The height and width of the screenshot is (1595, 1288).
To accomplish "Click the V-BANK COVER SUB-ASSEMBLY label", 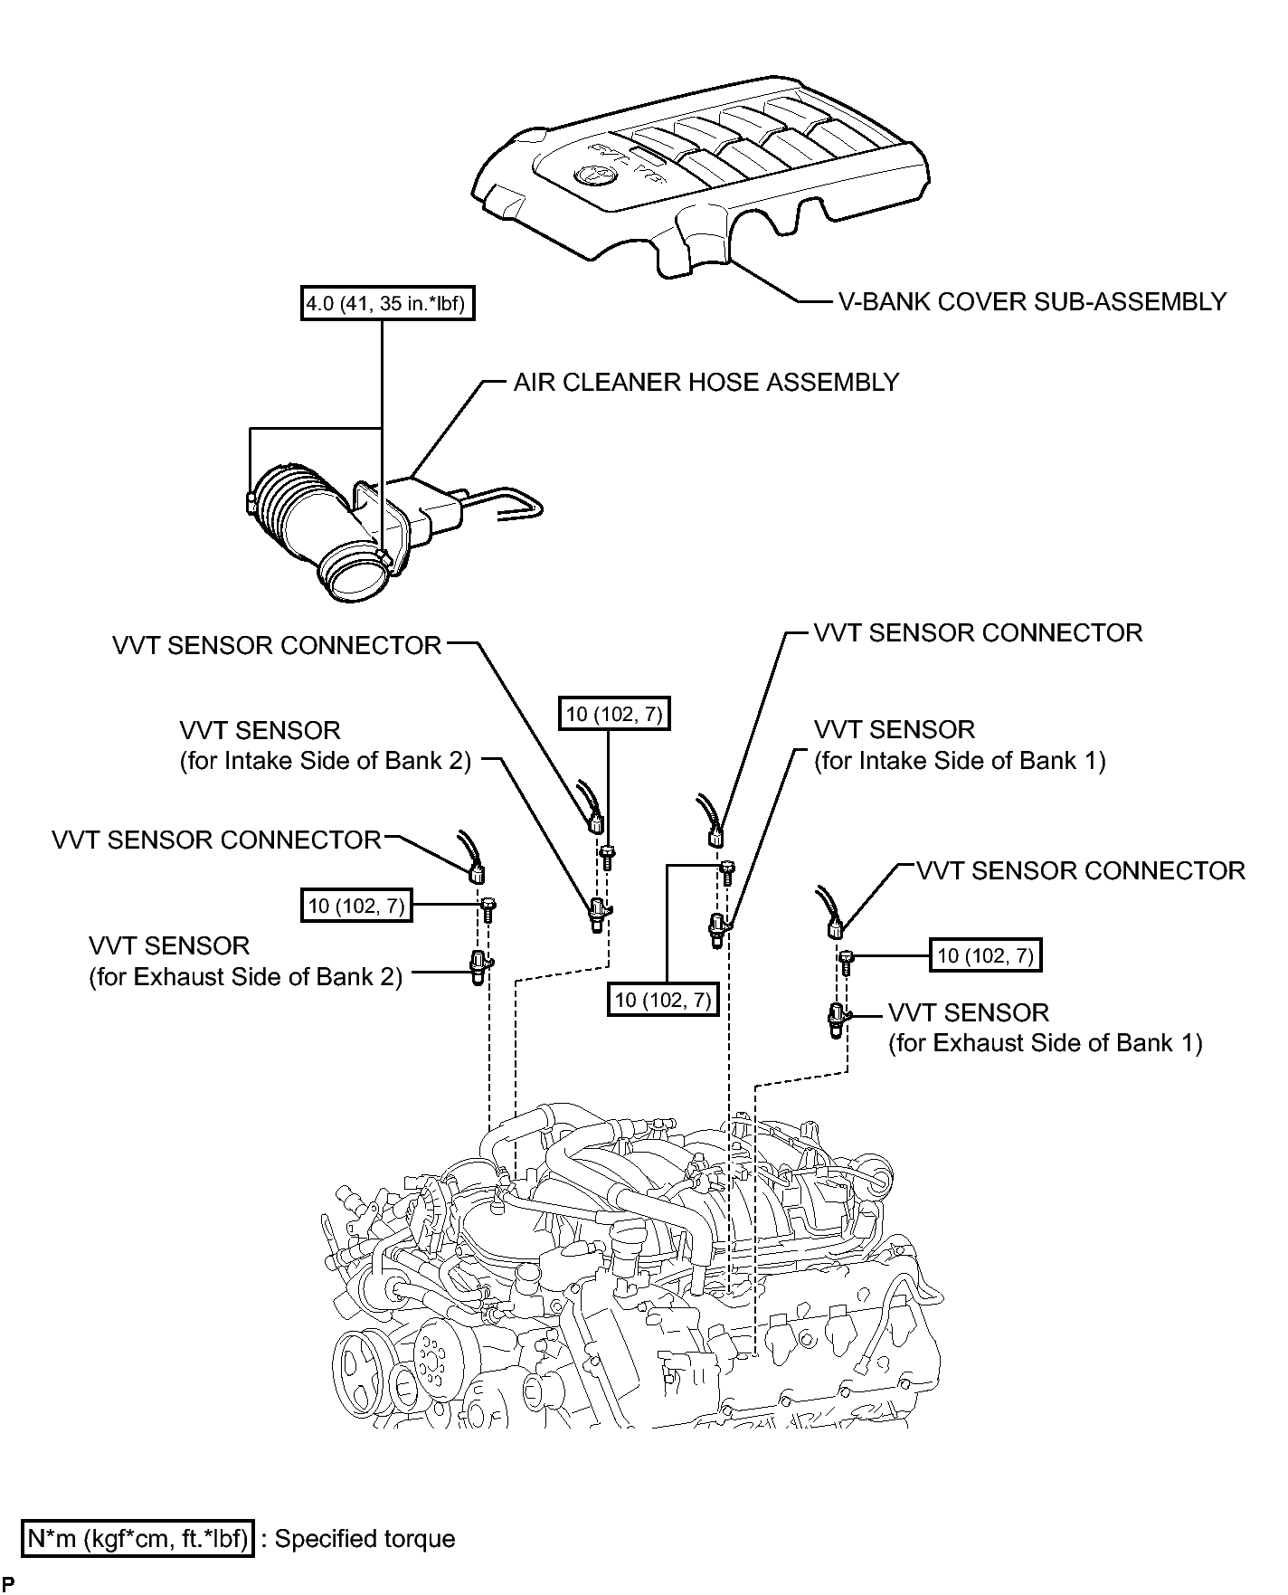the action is pyautogui.click(x=1032, y=301).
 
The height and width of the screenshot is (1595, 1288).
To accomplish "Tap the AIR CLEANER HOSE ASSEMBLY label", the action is pyautogui.click(x=706, y=382).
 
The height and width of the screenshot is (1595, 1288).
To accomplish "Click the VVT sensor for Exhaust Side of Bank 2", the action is pyautogui.click(x=478, y=966).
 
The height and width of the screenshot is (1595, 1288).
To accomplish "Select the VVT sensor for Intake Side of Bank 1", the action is pyautogui.click(x=718, y=926).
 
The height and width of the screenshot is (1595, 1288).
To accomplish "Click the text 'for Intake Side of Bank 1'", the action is pyautogui.click(x=960, y=761).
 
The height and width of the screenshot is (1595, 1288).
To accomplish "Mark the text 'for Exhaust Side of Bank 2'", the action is pyautogui.click(x=246, y=977).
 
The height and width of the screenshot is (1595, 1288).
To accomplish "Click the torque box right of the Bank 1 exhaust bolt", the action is pyautogui.click(x=985, y=955).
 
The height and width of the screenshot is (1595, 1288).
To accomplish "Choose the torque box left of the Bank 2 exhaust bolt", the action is pyautogui.click(x=356, y=906).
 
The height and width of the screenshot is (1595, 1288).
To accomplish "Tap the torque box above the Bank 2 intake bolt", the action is pyautogui.click(x=614, y=715).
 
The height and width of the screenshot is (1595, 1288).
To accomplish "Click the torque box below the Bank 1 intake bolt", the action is pyautogui.click(x=664, y=1000).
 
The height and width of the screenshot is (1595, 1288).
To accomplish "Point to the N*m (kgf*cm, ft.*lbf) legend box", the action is pyautogui.click(x=138, y=1539).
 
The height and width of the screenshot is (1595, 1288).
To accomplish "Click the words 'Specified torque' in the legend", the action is pyautogui.click(x=365, y=1539).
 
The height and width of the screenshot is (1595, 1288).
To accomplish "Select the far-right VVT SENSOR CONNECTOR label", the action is pyautogui.click(x=1081, y=871).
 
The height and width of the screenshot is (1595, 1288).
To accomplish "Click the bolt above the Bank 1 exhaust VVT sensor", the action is pyautogui.click(x=847, y=962).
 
